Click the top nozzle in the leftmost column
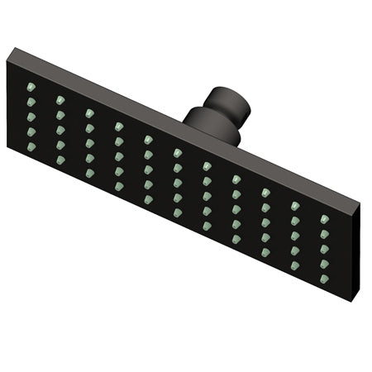click(x=31, y=86)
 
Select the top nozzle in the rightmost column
click(x=325, y=219)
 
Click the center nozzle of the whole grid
click(x=178, y=183)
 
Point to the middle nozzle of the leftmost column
click(x=31, y=116)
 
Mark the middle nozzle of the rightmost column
click(x=325, y=248)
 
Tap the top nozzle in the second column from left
click(x=60, y=99)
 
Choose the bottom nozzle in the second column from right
click(x=295, y=265)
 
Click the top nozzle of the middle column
click(x=178, y=153)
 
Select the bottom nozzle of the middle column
click(x=178, y=212)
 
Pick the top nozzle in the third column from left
click(x=89, y=112)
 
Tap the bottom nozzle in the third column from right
click(x=265, y=252)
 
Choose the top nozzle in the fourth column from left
click(x=119, y=126)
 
